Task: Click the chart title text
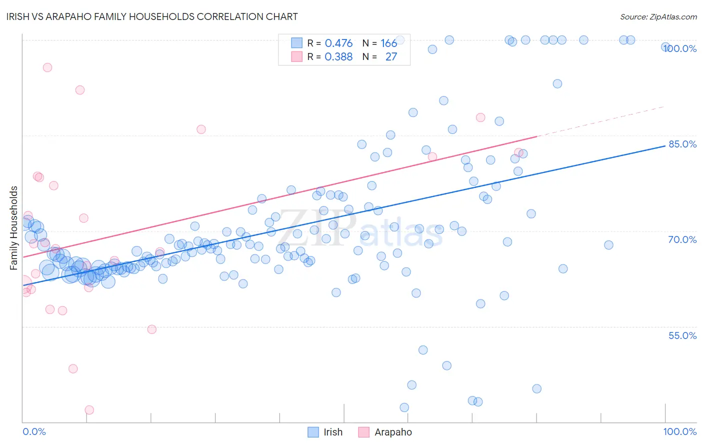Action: pyautogui.click(x=152, y=16)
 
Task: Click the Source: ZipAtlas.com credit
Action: pyautogui.click(x=658, y=16)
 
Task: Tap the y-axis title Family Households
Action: pyautogui.click(x=14, y=228)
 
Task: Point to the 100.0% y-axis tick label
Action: pyautogui.click(x=680, y=48)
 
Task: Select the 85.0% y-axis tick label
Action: pyautogui.click(x=682, y=144)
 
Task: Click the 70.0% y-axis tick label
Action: pyautogui.click(x=682, y=239)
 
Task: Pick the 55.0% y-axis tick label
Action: pyautogui.click(x=682, y=335)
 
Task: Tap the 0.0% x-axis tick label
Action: pyautogui.click(x=34, y=431)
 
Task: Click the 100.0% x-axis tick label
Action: pyautogui.click(x=679, y=431)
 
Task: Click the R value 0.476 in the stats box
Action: pyautogui.click(x=338, y=43)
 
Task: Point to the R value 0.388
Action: pyautogui.click(x=338, y=57)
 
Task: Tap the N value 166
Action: pyautogui.click(x=388, y=43)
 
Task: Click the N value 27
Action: pyautogui.click(x=391, y=57)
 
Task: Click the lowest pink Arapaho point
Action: pyautogui.click(x=89, y=410)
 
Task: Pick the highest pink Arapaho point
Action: pyautogui.click(x=47, y=67)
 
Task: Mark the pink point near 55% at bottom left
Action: pyautogui.click(x=152, y=329)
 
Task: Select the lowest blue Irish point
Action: pyautogui.click(x=404, y=407)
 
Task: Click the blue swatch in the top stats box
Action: pyautogui.click(x=297, y=43)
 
